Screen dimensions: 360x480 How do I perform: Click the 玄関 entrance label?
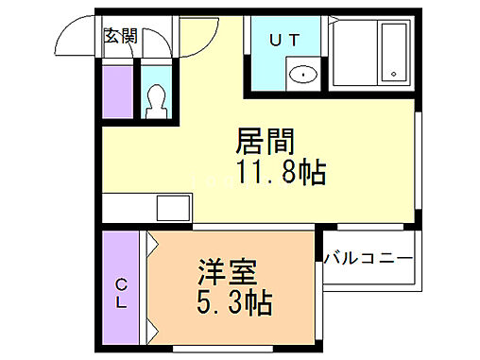(120, 37)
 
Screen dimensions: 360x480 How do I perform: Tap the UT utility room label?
(286, 40)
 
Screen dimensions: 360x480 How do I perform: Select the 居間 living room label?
(266, 143)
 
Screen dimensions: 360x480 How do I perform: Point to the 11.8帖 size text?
(281, 173)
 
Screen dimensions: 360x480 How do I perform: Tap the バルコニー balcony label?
(369, 258)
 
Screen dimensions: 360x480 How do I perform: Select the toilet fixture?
(158, 98)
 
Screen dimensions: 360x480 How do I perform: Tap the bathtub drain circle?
(392, 73)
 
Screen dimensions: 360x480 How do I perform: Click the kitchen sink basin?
(173, 205)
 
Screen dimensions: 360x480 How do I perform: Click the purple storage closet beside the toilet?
(117, 93)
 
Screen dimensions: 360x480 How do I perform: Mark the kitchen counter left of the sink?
(128, 205)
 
